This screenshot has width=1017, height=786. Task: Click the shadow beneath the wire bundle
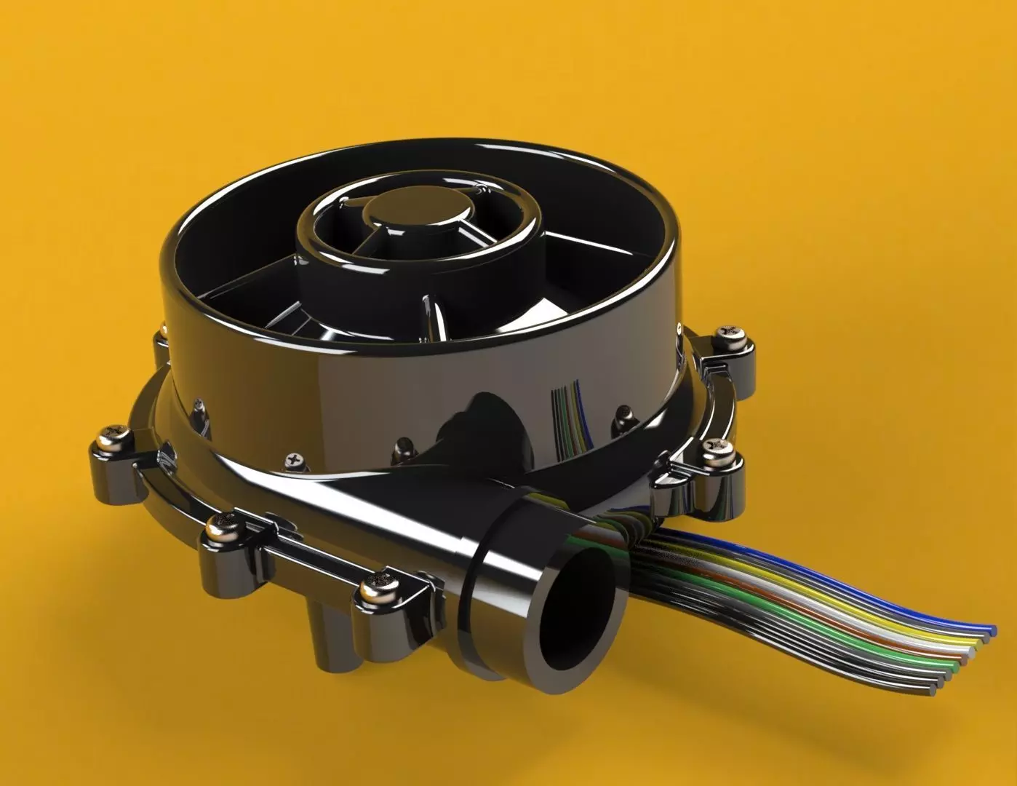(x=837, y=720)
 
